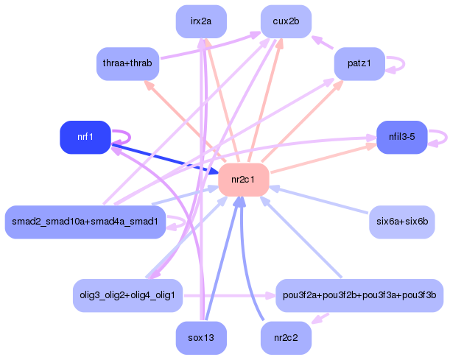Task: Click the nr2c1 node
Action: click(243, 180)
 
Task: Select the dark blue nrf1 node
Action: click(85, 137)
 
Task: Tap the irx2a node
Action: click(201, 21)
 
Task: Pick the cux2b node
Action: click(286, 21)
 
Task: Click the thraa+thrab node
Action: click(127, 64)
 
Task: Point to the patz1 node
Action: click(359, 64)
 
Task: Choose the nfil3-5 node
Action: click(402, 137)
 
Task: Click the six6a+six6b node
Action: click(402, 222)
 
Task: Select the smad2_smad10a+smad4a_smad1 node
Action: click(85, 222)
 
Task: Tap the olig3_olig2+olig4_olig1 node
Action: click(127, 295)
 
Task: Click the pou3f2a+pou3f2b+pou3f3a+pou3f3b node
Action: click(359, 295)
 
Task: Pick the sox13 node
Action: click(201, 338)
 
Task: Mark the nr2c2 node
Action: click(286, 338)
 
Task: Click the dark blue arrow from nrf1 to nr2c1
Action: click(165, 159)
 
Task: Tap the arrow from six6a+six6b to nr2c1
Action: click(319, 200)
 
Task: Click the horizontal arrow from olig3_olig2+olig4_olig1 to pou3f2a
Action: click(230, 295)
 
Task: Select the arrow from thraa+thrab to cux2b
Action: click(211, 46)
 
